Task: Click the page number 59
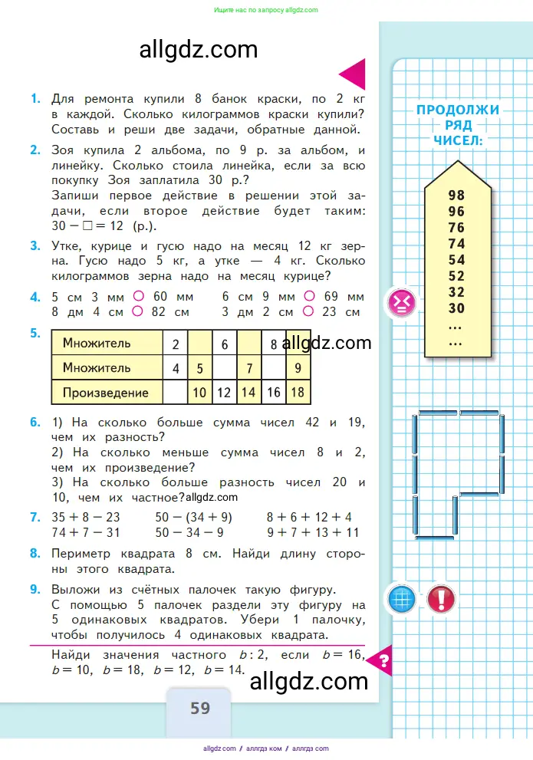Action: click(x=200, y=708)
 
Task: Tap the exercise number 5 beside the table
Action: click(x=35, y=334)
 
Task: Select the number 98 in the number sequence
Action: click(x=456, y=196)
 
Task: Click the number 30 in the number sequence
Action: click(x=456, y=308)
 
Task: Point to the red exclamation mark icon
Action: click(x=441, y=598)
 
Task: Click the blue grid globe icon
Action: click(x=402, y=598)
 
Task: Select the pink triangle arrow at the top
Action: click(x=354, y=75)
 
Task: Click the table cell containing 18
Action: click(x=298, y=393)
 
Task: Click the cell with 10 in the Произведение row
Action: click(x=200, y=393)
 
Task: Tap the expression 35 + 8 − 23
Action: click(x=86, y=517)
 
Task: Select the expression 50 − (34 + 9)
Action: click(x=193, y=517)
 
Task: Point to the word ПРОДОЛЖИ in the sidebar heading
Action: click(x=458, y=110)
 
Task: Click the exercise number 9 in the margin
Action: click(x=35, y=590)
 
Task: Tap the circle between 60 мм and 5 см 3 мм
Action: click(x=139, y=297)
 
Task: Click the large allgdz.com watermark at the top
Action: click(x=199, y=50)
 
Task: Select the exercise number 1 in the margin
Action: click(x=35, y=99)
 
